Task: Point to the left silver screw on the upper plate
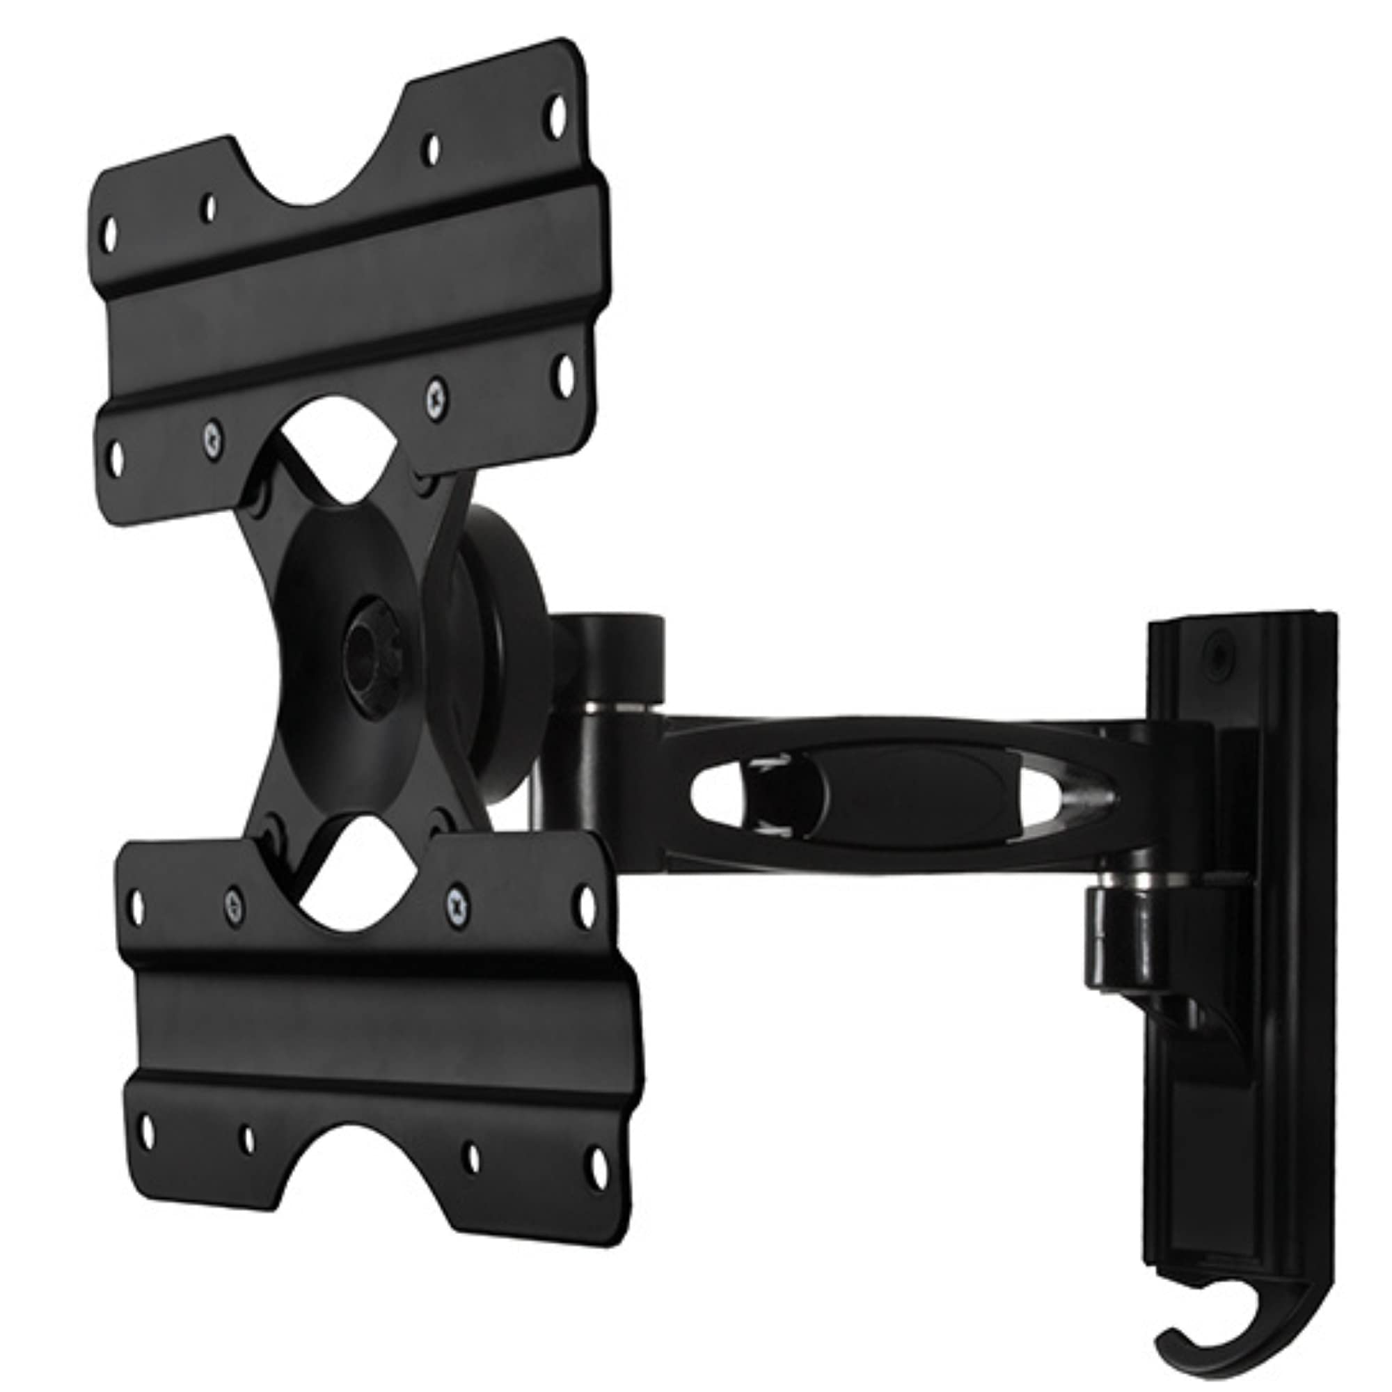(212, 439)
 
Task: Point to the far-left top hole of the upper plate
(110, 234)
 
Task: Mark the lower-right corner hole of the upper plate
(567, 375)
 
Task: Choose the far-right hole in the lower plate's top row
(587, 905)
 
